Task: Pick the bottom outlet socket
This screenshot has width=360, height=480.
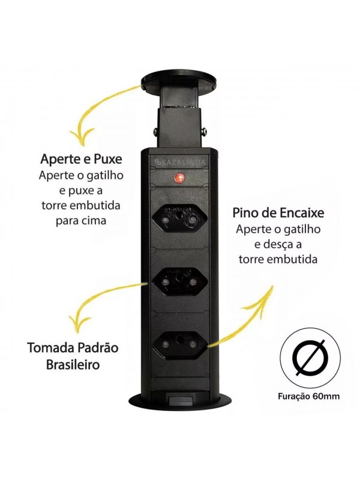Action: click(x=178, y=345)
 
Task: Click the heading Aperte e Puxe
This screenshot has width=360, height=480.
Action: click(x=81, y=160)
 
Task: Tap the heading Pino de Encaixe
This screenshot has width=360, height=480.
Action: click(x=278, y=213)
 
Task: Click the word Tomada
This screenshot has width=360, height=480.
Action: click(x=48, y=348)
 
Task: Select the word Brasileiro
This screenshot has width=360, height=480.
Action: click(x=73, y=365)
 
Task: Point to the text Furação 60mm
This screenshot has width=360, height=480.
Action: click(x=308, y=397)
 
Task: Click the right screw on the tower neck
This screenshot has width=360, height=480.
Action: click(x=203, y=131)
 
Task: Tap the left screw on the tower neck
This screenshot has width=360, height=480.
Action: click(x=155, y=131)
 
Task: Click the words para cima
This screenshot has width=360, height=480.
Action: click(x=81, y=221)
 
